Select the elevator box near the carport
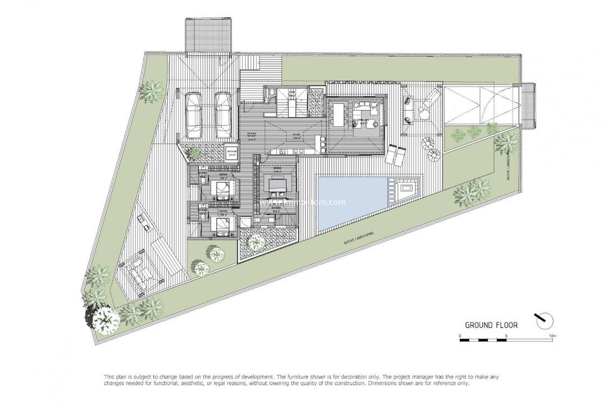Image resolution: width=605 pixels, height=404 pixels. coord(231,154)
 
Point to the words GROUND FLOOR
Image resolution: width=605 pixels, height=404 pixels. coord(491,324)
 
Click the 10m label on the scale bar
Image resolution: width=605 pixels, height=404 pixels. coord(552,336)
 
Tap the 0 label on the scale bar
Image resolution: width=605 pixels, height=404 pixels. coord(459,336)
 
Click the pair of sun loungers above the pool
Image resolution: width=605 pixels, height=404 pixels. coord(397,154)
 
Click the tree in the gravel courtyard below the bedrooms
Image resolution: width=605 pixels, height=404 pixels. coord(257,242)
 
